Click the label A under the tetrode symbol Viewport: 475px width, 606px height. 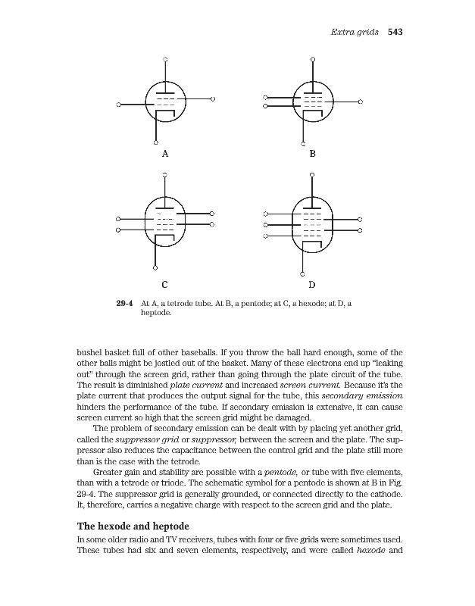pyautogui.click(x=164, y=153)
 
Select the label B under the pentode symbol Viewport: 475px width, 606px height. pyautogui.click(x=311, y=153)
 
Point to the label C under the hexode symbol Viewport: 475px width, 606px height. pyautogui.click(x=164, y=286)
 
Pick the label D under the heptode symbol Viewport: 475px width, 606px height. pyautogui.click(x=311, y=286)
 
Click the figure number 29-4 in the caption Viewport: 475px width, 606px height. pyautogui.click(x=125, y=303)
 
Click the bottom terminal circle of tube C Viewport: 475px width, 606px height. pyautogui.click(x=155, y=268)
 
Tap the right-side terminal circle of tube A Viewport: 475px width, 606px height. pyautogui.click(x=214, y=99)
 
